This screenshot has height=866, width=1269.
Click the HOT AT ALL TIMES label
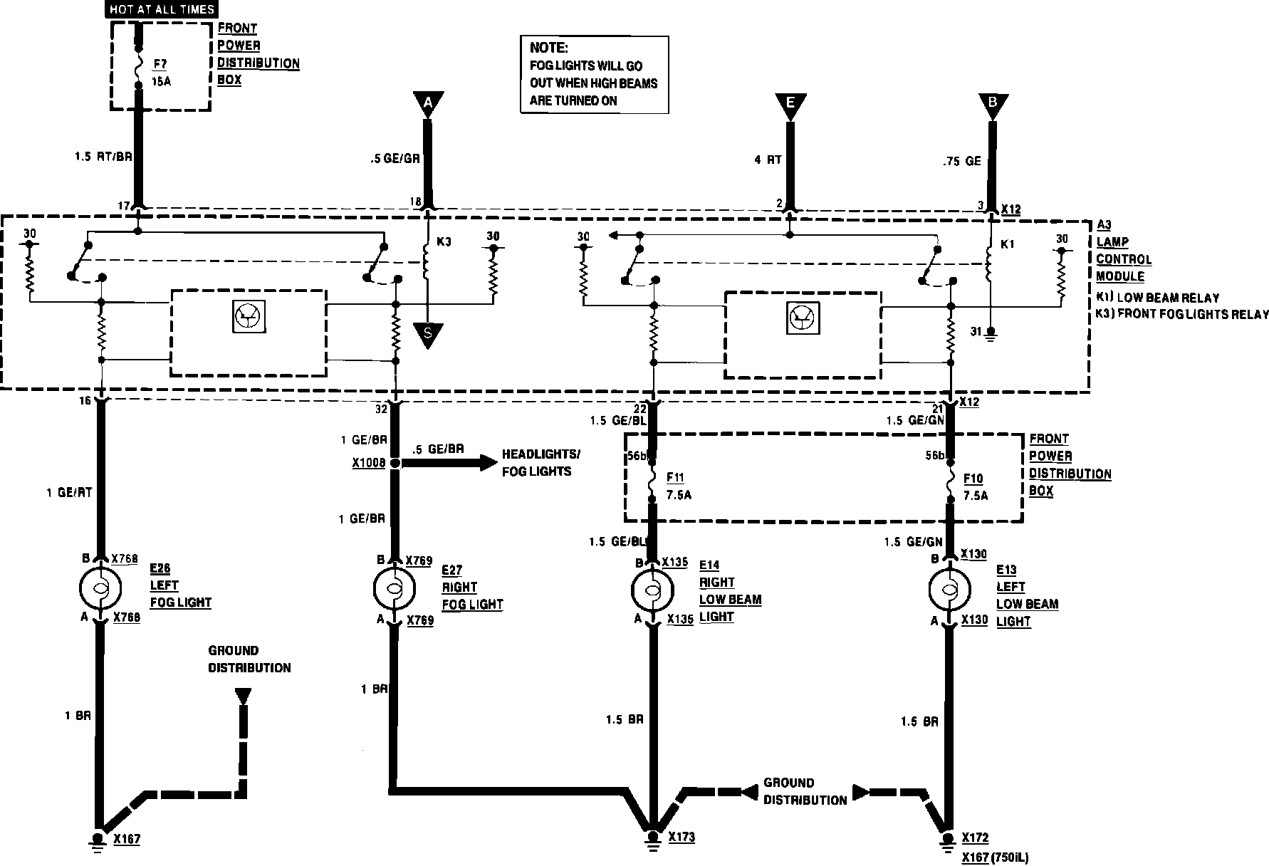[x=162, y=10]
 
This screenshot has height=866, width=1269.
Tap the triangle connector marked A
[x=427, y=105]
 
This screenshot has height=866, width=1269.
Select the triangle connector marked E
[x=790, y=105]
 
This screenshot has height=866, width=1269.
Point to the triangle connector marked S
[x=427, y=334]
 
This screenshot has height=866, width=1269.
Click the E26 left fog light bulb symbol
[x=99, y=588]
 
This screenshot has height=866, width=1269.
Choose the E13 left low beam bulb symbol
[x=950, y=590]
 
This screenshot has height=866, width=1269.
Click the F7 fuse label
[x=160, y=65]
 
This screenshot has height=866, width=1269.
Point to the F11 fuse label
[x=674, y=478]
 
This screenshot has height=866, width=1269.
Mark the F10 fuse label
[x=973, y=479]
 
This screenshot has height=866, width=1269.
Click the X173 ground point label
[x=681, y=838]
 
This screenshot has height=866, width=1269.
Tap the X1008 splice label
[x=369, y=463]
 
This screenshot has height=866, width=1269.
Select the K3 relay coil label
[x=444, y=241]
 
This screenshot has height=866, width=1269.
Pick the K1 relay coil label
[x=1007, y=244]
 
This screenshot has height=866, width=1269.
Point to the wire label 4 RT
[x=768, y=160]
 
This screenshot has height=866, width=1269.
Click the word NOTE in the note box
[x=548, y=48]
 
